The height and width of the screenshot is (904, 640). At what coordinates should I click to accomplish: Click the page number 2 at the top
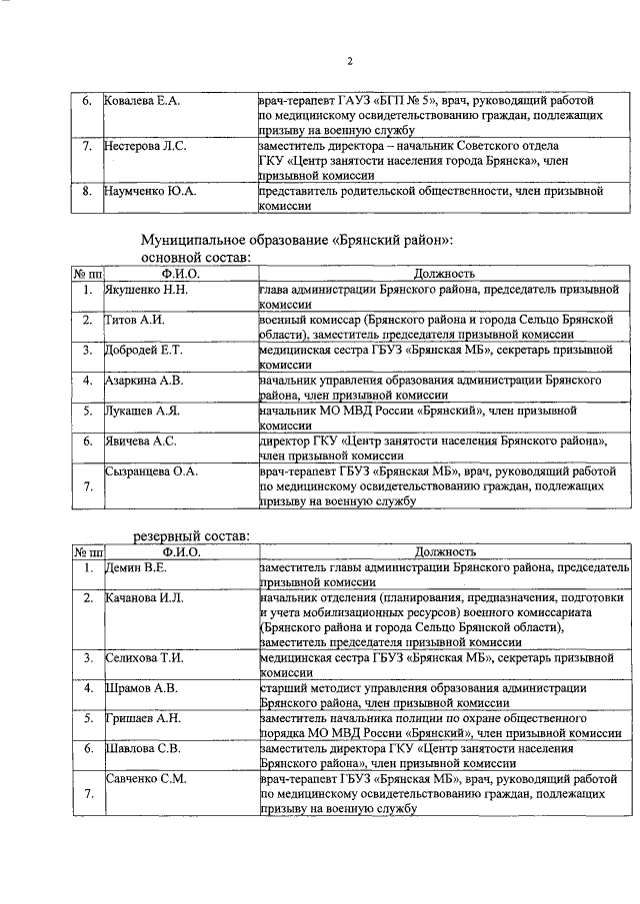(350, 62)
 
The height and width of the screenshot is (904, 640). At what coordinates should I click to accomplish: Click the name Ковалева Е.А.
(143, 102)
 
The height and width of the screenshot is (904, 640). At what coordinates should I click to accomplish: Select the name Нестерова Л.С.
(146, 146)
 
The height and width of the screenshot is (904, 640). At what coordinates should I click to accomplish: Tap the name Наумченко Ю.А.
(150, 190)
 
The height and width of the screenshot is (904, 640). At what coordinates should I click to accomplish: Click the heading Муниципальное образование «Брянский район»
(297, 240)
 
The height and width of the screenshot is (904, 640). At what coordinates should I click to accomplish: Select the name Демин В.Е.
(137, 567)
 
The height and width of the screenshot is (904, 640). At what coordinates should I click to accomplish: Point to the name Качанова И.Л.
(145, 597)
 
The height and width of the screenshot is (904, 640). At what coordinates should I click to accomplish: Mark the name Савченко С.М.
(147, 777)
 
